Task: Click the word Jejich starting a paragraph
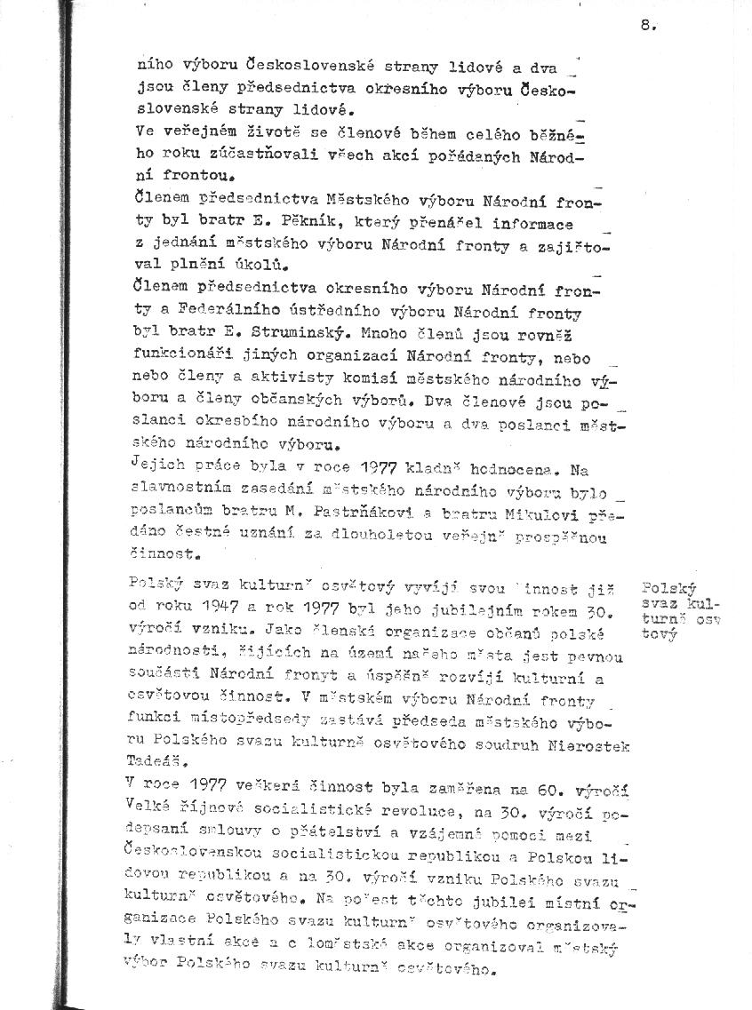click(x=153, y=465)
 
